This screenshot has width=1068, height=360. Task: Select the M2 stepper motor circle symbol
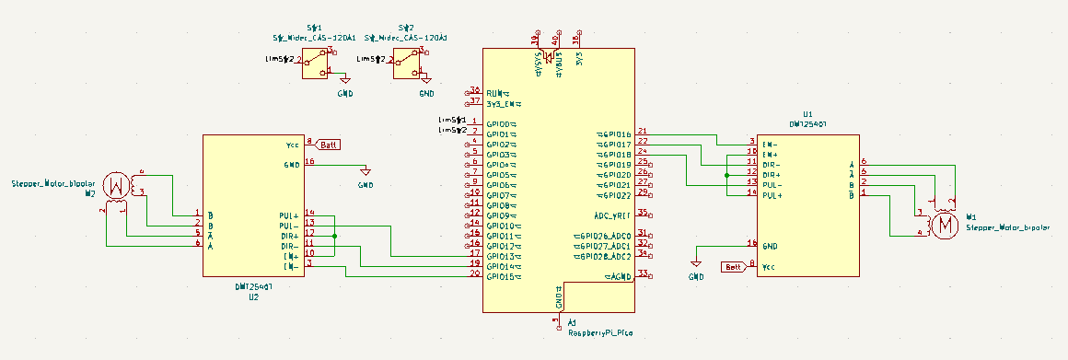(x=116, y=185)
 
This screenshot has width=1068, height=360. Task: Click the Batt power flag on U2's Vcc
(x=329, y=145)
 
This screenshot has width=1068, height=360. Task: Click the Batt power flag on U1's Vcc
(x=734, y=266)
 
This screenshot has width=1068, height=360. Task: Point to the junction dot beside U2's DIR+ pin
(x=334, y=236)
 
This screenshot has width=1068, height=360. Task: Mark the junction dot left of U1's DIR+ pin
(x=726, y=174)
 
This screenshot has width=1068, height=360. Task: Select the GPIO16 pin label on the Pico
(x=615, y=134)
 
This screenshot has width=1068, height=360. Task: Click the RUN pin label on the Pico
(x=497, y=93)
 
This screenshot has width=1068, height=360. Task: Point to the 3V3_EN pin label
(x=502, y=103)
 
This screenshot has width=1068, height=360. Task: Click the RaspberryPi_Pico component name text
(x=599, y=331)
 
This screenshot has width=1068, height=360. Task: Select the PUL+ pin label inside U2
(x=288, y=215)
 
